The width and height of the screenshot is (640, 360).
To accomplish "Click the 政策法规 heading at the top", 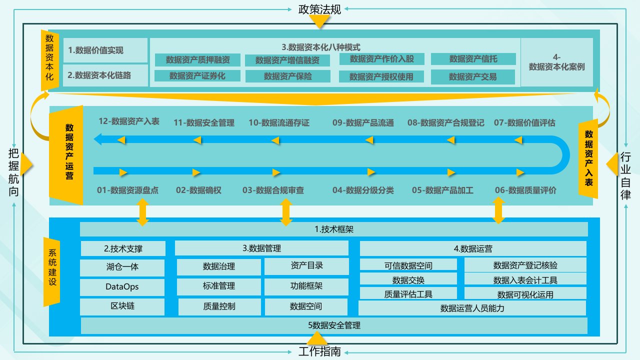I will tap(319, 9).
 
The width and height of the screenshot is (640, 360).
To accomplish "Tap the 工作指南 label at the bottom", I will tap(319, 351).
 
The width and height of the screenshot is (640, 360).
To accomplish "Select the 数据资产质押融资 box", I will tap(197, 60).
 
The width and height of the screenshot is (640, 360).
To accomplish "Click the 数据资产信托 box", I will tap(473, 59).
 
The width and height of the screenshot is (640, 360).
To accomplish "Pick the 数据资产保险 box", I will tap(287, 76).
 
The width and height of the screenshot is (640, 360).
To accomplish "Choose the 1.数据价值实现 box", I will tap(105, 50).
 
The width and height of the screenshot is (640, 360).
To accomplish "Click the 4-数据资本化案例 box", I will tap(556, 62).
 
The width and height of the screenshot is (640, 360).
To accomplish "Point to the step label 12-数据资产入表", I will tap(129, 121).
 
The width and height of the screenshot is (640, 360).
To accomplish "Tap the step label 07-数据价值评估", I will tap(524, 122).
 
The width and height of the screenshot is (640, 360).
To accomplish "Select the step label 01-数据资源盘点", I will tap(127, 190).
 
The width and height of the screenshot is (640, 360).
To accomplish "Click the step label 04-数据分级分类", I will tap(363, 190).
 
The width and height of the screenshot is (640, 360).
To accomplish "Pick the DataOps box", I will tap(122, 287).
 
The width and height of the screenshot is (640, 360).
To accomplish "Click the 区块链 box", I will tap(122, 306).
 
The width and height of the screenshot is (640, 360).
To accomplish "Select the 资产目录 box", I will tap(306, 266).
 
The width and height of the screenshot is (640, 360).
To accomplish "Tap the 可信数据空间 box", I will tap(408, 265).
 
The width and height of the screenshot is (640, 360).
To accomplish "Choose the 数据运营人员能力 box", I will tap(472, 308).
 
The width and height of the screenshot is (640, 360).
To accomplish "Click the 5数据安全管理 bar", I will tap(334, 325).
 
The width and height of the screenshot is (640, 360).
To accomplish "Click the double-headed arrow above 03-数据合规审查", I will tap(286, 212).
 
